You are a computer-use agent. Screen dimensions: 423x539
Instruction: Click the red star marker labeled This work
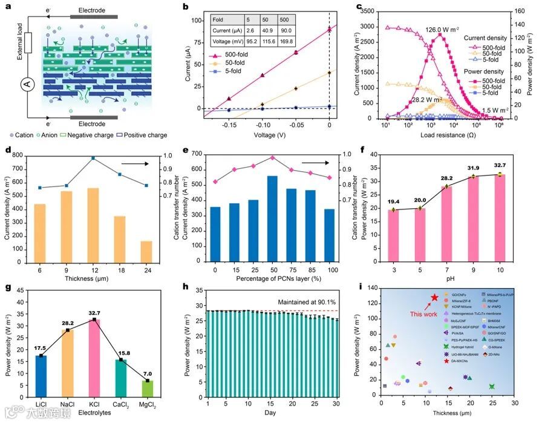click(434, 298)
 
